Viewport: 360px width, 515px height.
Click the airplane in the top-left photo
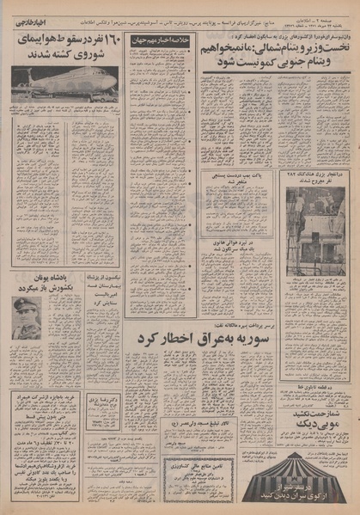pos(64,83)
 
